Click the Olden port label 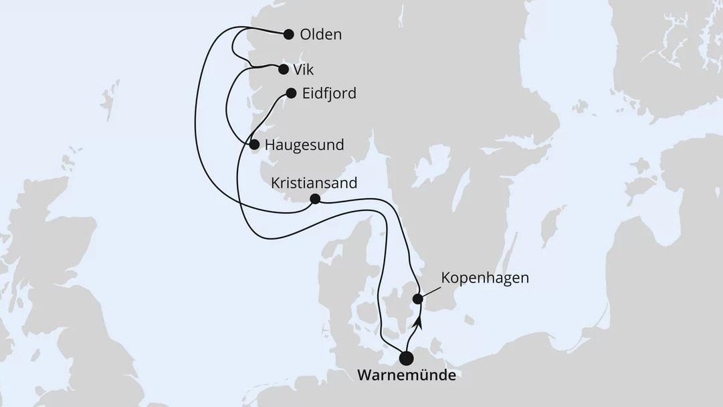pos(321,35)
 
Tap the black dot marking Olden pos(289,35)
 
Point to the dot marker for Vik pos(283,69)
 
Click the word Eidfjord pos(329,94)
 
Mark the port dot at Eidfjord pos(291,94)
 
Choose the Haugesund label pos(304,145)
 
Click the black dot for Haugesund pos(254,144)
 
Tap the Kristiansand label pos(314,183)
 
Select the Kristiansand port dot pos(315,199)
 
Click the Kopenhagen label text pos(485,278)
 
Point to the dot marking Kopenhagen pos(417,299)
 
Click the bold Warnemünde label pos(407,376)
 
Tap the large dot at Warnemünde pos(405,358)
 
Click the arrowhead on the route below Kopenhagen pos(418,323)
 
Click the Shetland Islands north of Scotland pos(109,100)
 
